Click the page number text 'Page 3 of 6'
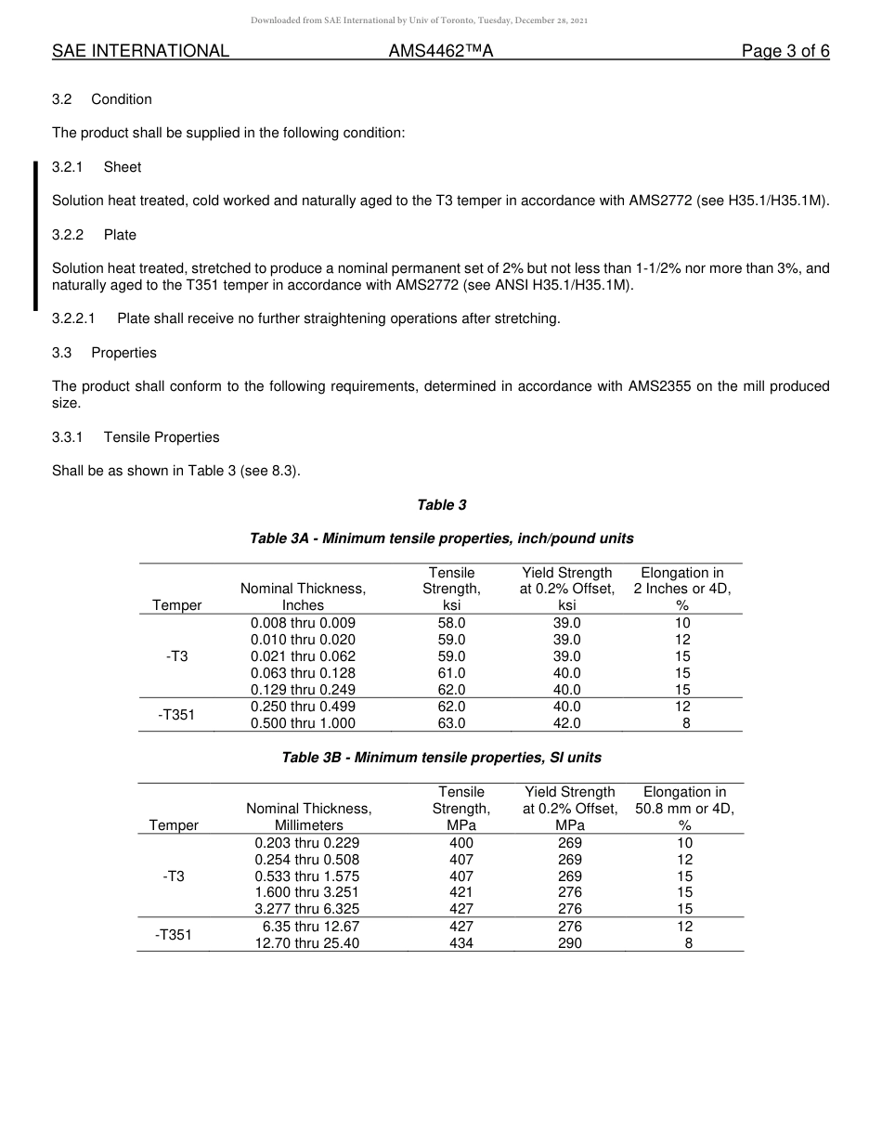click(x=785, y=52)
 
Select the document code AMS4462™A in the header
click(x=440, y=52)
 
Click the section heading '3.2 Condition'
click(x=102, y=99)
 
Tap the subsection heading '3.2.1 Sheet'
click(x=97, y=167)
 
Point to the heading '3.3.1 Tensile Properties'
click(x=136, y=437)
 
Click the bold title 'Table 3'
click(x=441, y=505)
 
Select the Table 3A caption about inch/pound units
click(x=441, y=539)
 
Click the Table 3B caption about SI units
click(x=441, y=758)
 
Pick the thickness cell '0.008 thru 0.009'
click(x=303, y=623)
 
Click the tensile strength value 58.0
click(x=451, y=623)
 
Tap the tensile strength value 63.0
click(x=451, y=723)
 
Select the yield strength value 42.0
click(x=566, y=723)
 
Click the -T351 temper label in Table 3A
click(x=176, y=715)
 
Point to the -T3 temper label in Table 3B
click(x=173, y=876)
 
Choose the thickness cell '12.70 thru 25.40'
click(x=307, y=942)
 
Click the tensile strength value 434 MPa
click(x=460, y=942)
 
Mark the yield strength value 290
click(x=570, y=942)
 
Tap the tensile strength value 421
click(x=460, y=892)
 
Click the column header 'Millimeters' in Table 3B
click(x=308, y=825)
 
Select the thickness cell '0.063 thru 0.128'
click(x=303, y=673)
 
